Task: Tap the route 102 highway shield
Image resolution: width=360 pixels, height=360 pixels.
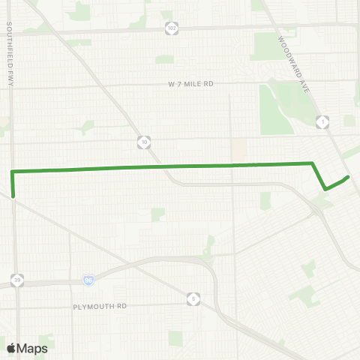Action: (x=171, y=27)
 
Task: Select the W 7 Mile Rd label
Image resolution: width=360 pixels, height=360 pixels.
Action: (x=190, y=84)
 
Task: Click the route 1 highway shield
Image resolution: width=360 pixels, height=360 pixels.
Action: (x=323, y=121)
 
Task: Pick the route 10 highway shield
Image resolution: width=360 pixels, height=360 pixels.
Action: (x=143, y=140)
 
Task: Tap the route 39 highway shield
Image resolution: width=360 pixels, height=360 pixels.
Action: (x=16, y=280)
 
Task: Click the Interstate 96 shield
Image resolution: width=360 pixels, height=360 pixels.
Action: (x=88, y=280)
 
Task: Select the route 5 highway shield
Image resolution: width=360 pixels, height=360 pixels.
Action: (x=193, y=298)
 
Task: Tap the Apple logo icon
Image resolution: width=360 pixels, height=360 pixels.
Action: (x=12, y=348)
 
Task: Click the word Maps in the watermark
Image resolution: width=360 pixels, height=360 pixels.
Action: (x=33, y=348)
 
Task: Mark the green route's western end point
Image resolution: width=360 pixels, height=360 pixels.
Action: (x=13, y=196)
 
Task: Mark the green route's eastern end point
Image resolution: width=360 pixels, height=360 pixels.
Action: (x=349, y=177)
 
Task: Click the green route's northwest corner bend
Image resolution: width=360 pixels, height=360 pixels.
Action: (x=12, y=172)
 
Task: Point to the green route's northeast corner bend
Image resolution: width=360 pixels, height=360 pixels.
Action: (x=311, y=163)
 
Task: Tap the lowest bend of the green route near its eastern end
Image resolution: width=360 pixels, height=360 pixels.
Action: (x=325, y=189)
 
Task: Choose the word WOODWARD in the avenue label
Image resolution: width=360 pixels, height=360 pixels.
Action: (x=290, y=50)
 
